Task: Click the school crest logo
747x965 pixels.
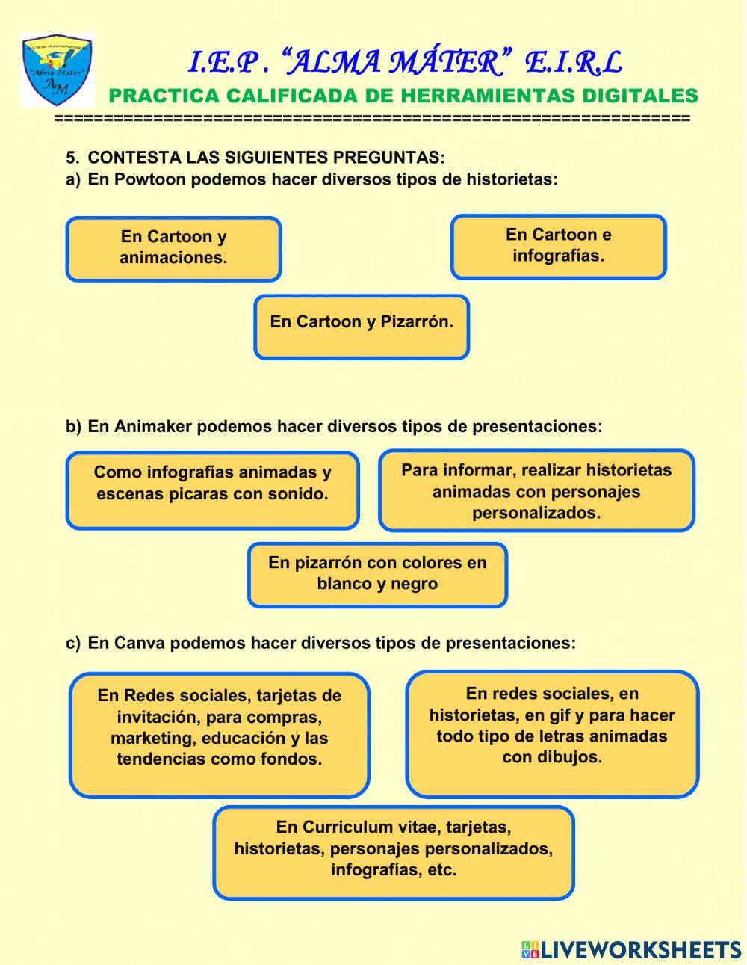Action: (x=57, y=70)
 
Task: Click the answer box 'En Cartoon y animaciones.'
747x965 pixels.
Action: (x=173, y=249)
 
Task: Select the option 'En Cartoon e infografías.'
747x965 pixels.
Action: (x=558, y=247)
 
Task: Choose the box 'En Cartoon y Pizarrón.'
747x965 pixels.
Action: (x=362, y=327)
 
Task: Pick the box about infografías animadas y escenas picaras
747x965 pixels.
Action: (x=212, y=490)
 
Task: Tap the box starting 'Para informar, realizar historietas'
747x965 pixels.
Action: (x=536, y=490)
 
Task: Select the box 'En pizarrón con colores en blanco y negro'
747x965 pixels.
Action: (x=377, y=574)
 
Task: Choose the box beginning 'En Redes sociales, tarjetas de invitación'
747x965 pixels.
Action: (x=220, y=734)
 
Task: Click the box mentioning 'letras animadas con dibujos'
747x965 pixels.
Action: (x=552, y=733)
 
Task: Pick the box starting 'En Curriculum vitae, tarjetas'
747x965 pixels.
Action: (x=394, y=851)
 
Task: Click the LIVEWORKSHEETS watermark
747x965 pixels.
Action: (x=631, y=949)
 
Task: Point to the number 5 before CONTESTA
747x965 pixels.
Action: (x=71, y=158)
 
